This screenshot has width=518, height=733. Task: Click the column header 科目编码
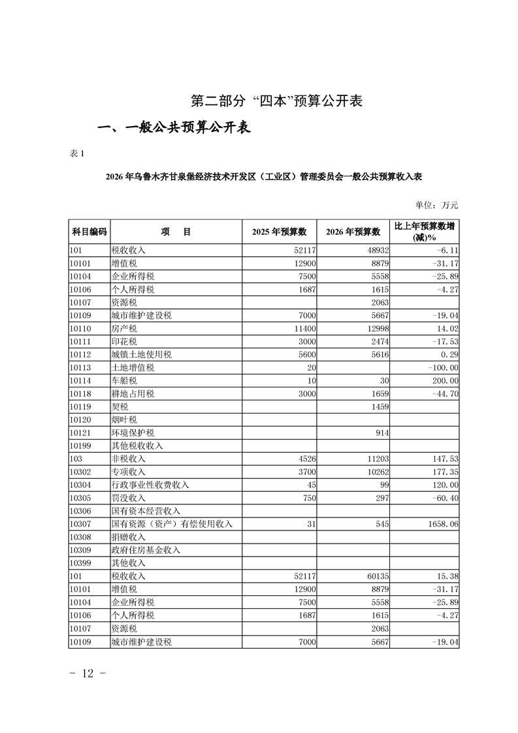(x=89, y=231)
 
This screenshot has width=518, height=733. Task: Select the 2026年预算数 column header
(x=353, y=231)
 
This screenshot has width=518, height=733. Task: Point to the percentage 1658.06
(x=440, y=524)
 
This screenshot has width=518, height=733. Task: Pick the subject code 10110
(x=81, y=329)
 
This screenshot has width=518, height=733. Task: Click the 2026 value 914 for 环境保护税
(x=380, y=432)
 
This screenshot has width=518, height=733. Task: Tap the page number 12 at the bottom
(x=88, y=674)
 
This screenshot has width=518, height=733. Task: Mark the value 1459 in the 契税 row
(x=378, y=406)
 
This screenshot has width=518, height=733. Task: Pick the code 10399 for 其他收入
(x=81, y=563)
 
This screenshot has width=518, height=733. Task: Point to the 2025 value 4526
(x=304, y=459)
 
